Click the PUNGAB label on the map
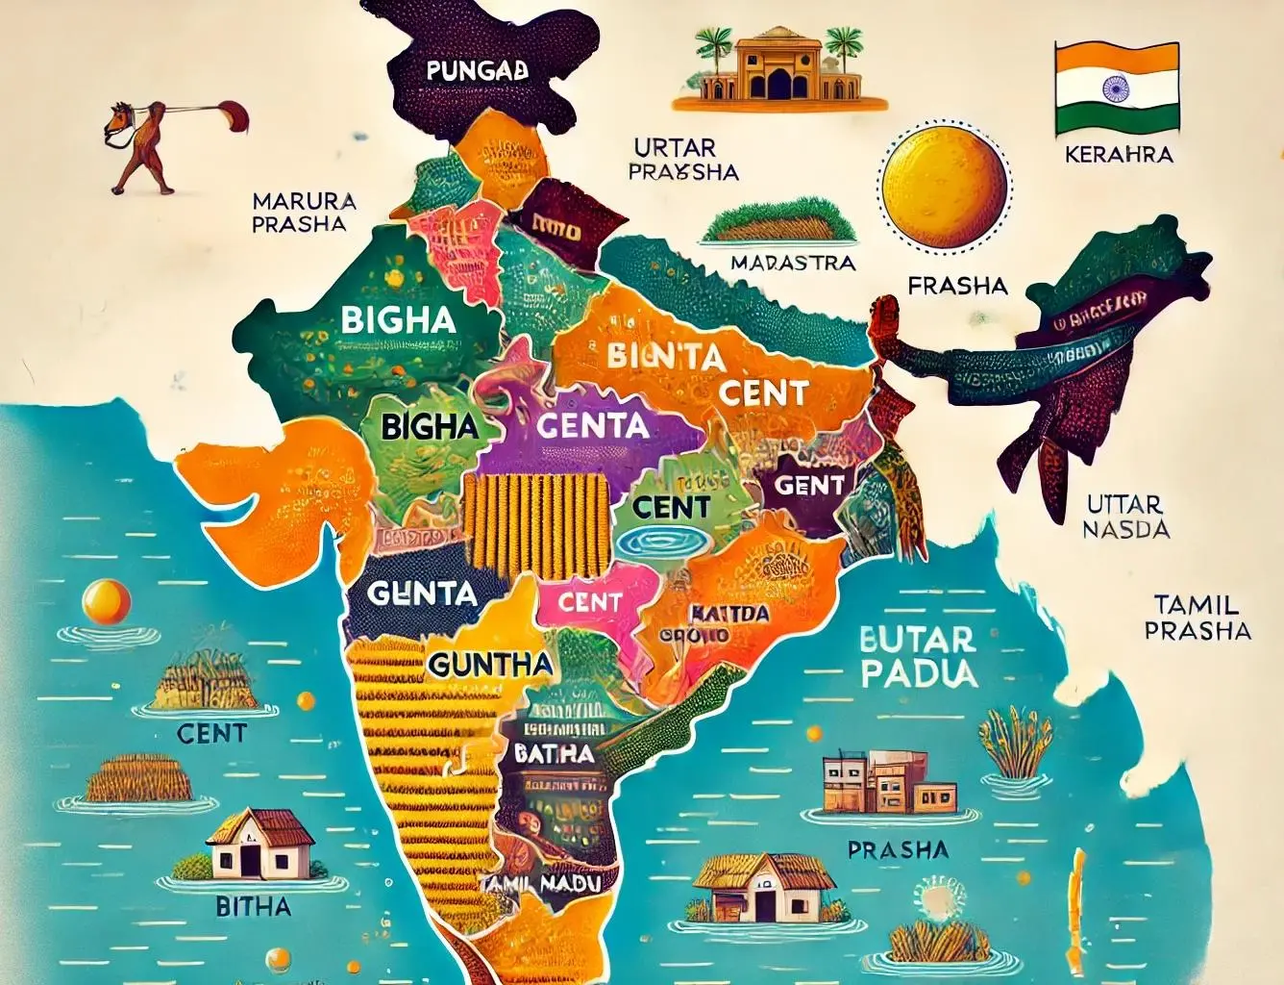click(x=477, y=70)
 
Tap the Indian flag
click(x=1117, y=88)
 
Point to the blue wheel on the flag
click(x=1117, y=88)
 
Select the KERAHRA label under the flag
click(x=1119, y=154)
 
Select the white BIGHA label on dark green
click(x=398, y=319)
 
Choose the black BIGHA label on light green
click(x=430, y=426)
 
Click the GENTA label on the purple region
click(x=592, y=424)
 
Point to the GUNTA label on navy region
click(x=422, y=594)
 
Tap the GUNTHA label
click(x=490, y=664)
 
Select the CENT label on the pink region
click(x=590, y=602)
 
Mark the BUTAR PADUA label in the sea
click(x=917, y=656)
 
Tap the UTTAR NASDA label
click(x=1125, y=517)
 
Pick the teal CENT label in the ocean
click(x=211, y=733)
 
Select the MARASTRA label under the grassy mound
click(x=792, y=263)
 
